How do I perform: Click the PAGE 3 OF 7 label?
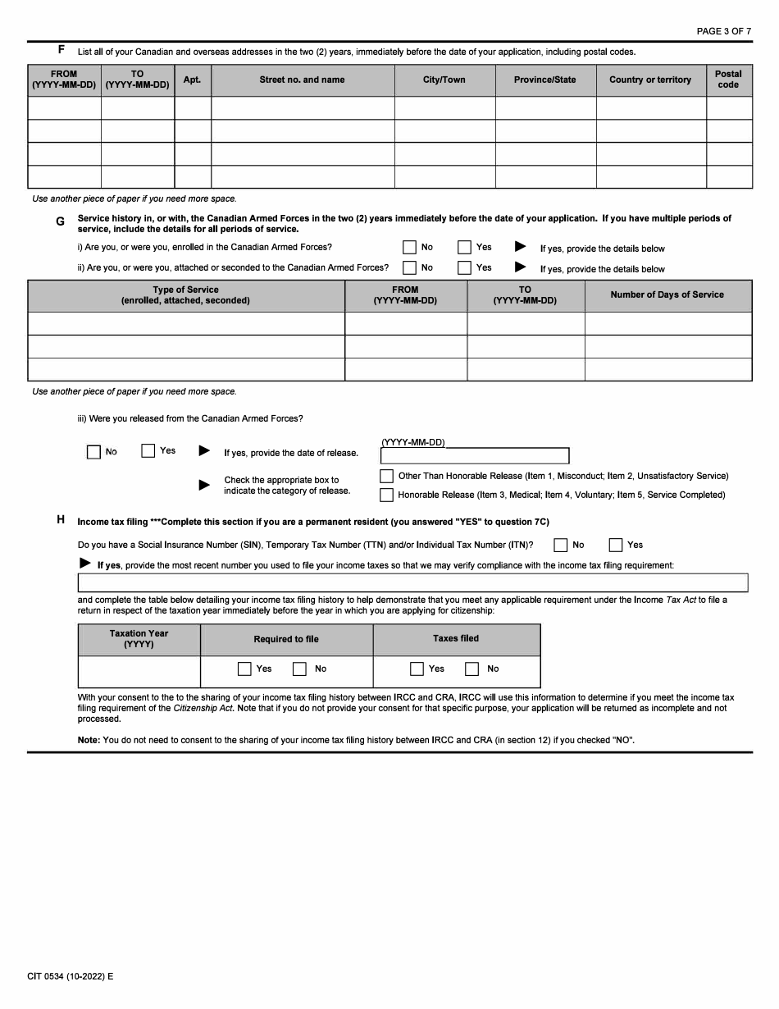tap(723, 31)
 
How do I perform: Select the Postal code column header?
tap(728, 80)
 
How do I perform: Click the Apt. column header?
tap(192, 80)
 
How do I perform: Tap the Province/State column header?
tap(544, 80)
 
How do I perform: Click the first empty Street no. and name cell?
tap(302, 108)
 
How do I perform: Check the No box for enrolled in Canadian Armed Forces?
tap(410, 247)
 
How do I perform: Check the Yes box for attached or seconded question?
tap(465, 267)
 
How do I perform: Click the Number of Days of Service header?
tap(667, 295)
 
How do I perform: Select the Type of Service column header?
tap(185, 295)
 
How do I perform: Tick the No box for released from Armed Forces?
tap(93, 452)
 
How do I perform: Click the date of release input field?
tap(474, 456)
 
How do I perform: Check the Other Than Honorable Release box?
tap(386, 477)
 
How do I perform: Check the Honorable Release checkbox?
tap(386, 495)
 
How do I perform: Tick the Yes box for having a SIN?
tap(616, 545)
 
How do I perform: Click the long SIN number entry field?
tap(412, 582)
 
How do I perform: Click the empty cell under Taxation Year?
tap(139, 671)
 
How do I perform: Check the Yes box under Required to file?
tap(244, 669)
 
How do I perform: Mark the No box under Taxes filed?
tap(472, 669)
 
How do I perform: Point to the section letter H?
tap(61, 519)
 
